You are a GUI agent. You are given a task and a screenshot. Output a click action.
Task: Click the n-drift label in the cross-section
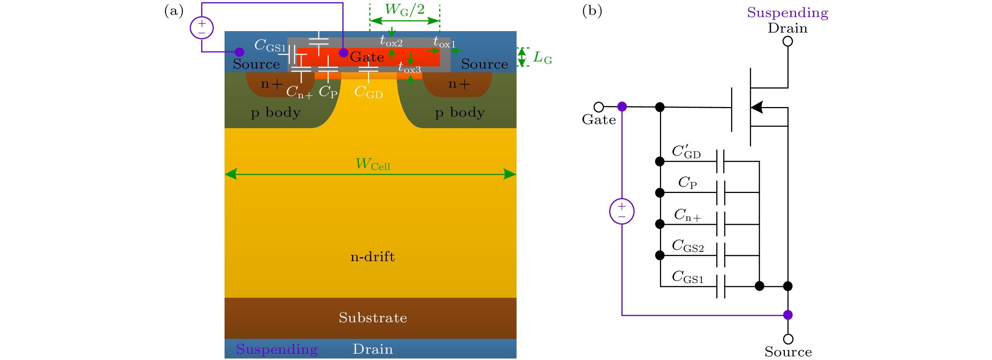tap(372, 257)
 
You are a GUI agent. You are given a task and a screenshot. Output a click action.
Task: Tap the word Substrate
tap(373, 318)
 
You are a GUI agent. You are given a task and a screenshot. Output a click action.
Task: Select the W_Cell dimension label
tap(372, 164)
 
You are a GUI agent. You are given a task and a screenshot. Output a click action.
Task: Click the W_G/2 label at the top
tap(404, 10)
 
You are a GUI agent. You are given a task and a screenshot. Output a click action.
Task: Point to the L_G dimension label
tap(542, 58)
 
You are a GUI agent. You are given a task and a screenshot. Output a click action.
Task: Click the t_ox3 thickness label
tap(409, 68)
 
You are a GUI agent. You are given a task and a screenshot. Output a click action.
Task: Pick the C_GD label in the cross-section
tap(368, 92)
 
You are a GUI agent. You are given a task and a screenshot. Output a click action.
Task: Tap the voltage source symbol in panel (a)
tap(202, 28)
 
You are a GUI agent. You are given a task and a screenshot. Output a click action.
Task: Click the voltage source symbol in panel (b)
tap(621, 211)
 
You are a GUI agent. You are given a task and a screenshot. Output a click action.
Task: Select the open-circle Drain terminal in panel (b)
tap(787, 41)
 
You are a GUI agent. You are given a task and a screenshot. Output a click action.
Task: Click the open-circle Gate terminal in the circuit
tap(598, 107)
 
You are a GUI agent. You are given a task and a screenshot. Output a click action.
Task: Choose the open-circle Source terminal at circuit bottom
tap(788, 339)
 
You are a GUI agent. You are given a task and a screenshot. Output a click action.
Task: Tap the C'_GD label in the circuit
tap(686, 152)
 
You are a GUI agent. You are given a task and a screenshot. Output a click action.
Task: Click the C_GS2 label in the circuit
tap(687, 246)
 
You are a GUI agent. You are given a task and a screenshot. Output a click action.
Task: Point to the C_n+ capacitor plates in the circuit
tap(720, 224)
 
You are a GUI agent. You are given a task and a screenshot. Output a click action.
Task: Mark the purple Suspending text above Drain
tap(787, 12)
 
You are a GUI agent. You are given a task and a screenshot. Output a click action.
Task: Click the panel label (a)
tap(174, 11)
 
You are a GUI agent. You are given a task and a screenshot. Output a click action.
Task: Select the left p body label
tap(276, 113)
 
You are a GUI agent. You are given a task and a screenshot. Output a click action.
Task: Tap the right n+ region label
tap(459, 84)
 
